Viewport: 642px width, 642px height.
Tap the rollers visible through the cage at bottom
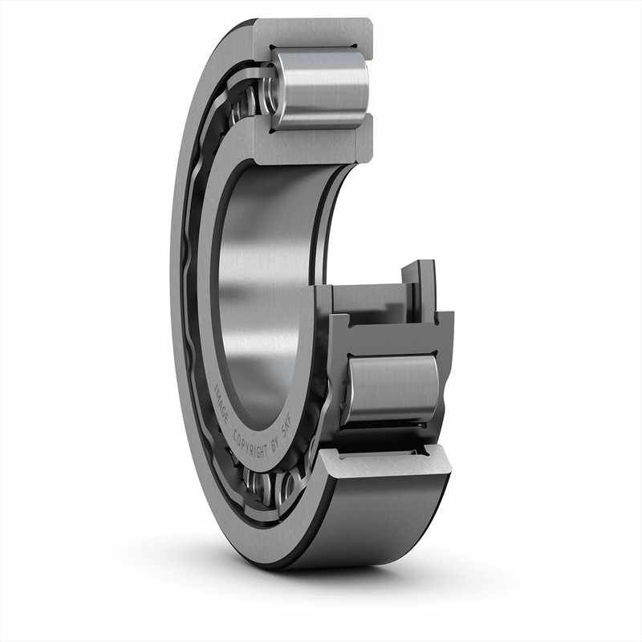pos(273,486)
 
